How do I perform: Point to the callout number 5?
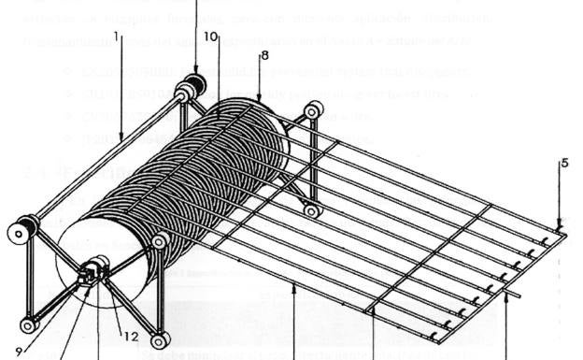(x=564, y=163)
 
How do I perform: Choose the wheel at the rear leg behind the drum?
(x=311, y=211)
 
